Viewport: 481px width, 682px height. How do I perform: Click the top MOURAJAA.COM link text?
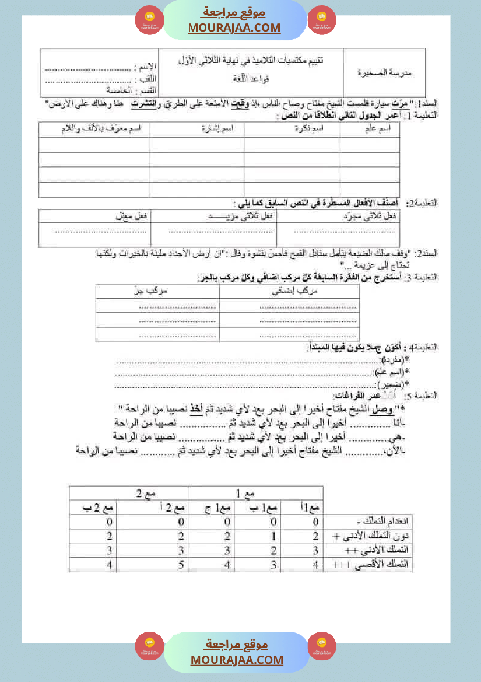pos(234,27)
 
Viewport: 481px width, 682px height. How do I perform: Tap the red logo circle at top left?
pos(150,20)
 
